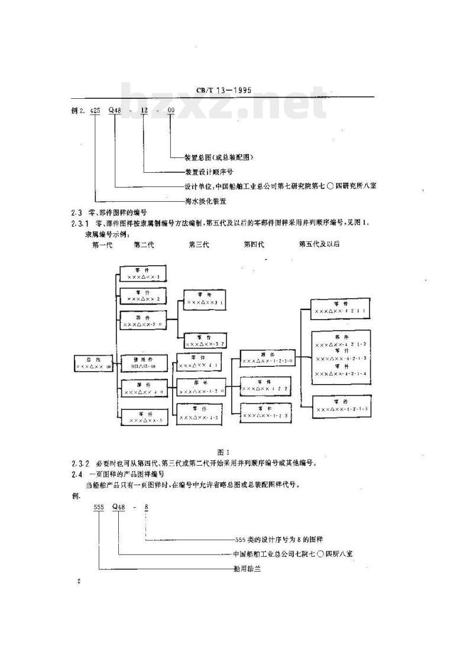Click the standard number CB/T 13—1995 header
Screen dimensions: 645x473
223,90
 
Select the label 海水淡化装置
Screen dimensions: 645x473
205,201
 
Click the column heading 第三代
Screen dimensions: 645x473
199,244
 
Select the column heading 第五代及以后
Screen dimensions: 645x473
319,244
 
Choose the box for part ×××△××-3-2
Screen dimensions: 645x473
205,340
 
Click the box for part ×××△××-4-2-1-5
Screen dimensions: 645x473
341,407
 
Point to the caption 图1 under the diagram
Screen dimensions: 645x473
223,452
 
